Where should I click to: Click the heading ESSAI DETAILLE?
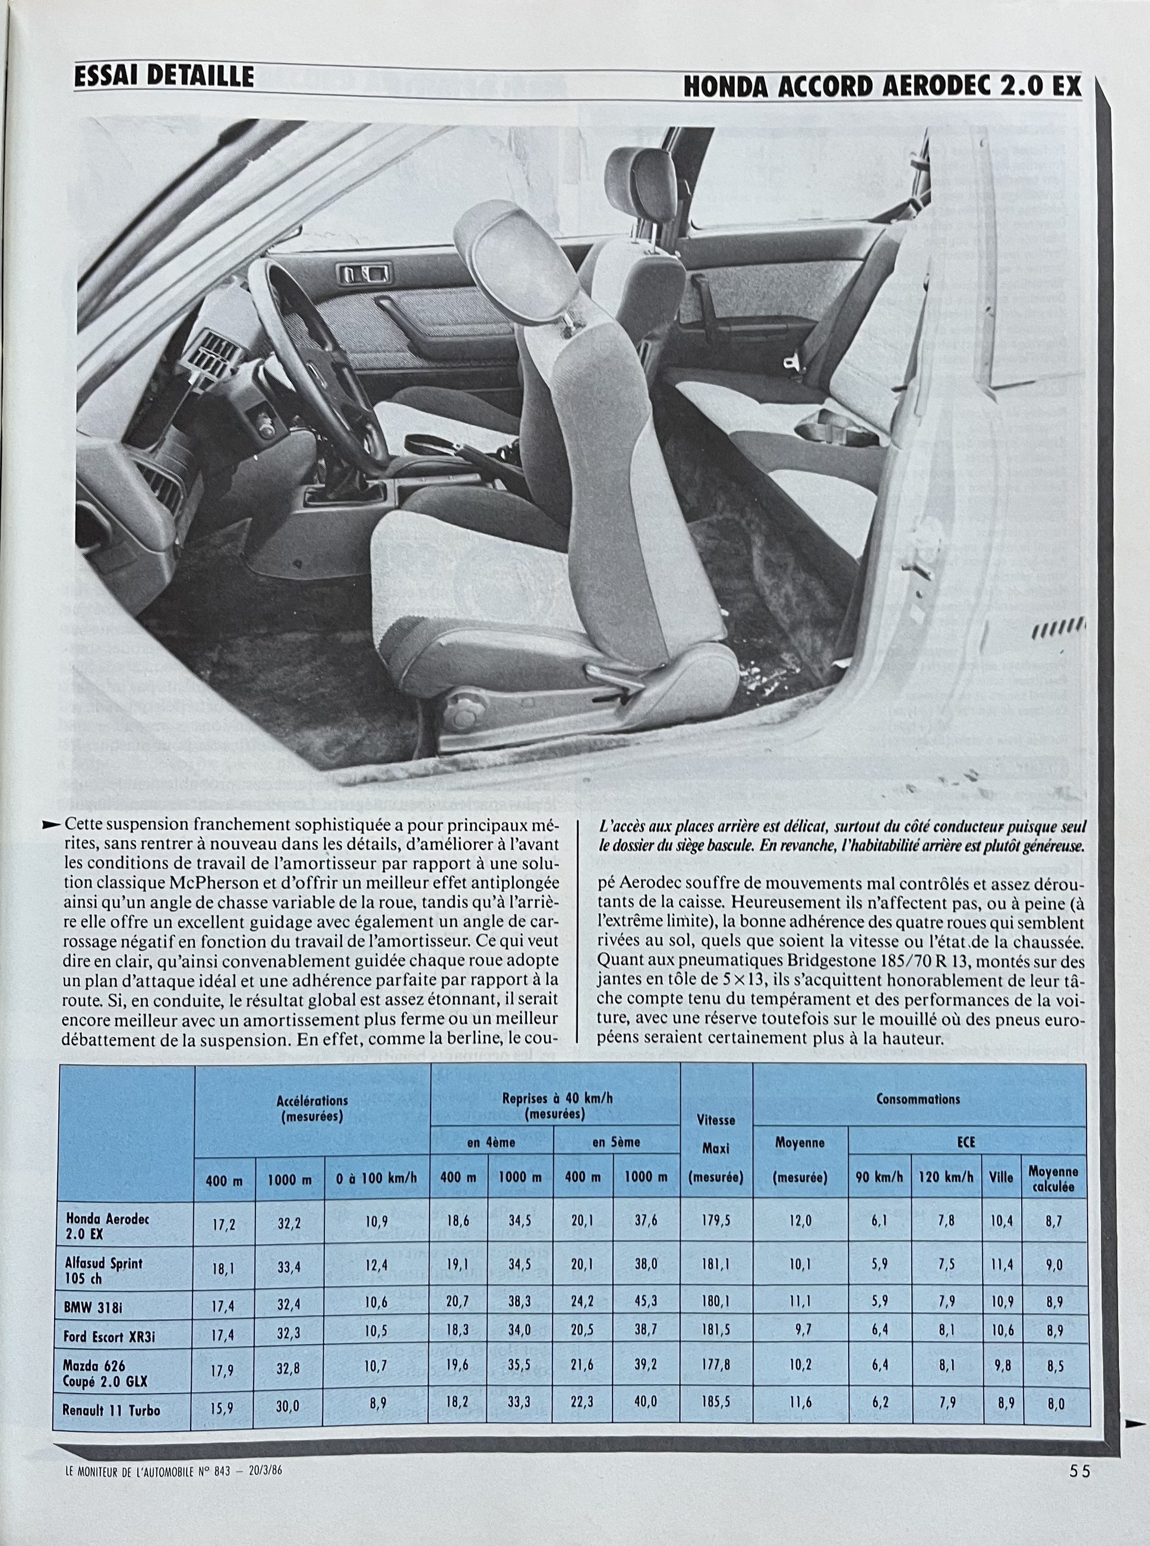[165, 77]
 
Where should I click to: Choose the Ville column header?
[1000, 1177]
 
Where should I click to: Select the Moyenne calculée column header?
[1053, 1178]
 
